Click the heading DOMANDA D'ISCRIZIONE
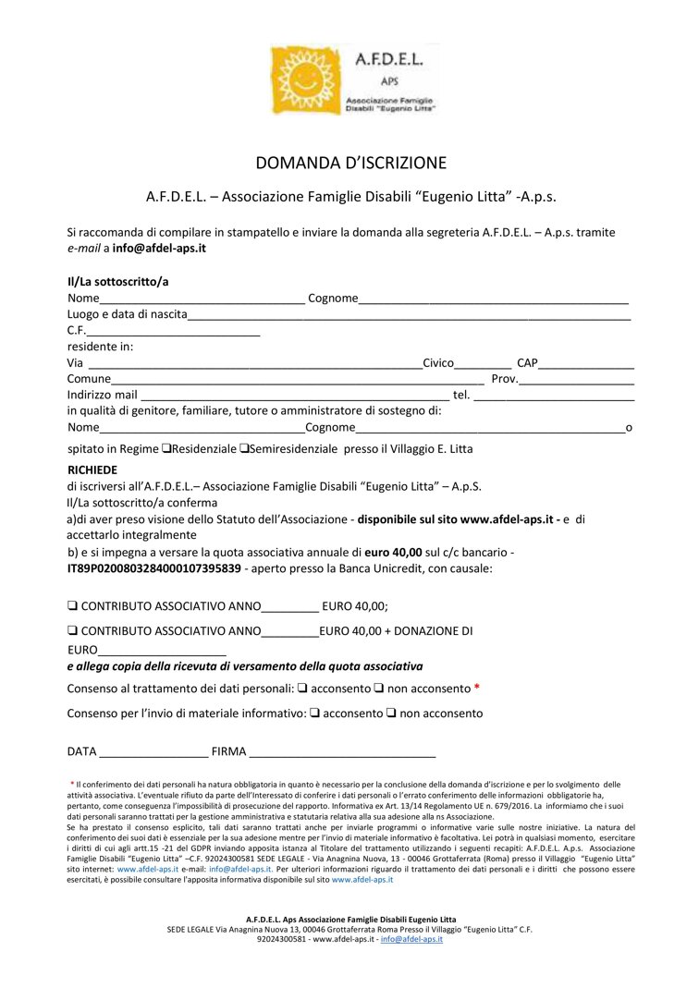tap(350, 164)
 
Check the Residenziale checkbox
tap(166, 449)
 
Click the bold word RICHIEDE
tap(92, 470)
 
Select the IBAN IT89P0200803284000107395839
tap(154, 568)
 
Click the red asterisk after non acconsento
tap(477, 689)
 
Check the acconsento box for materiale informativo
tap(315, 714)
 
